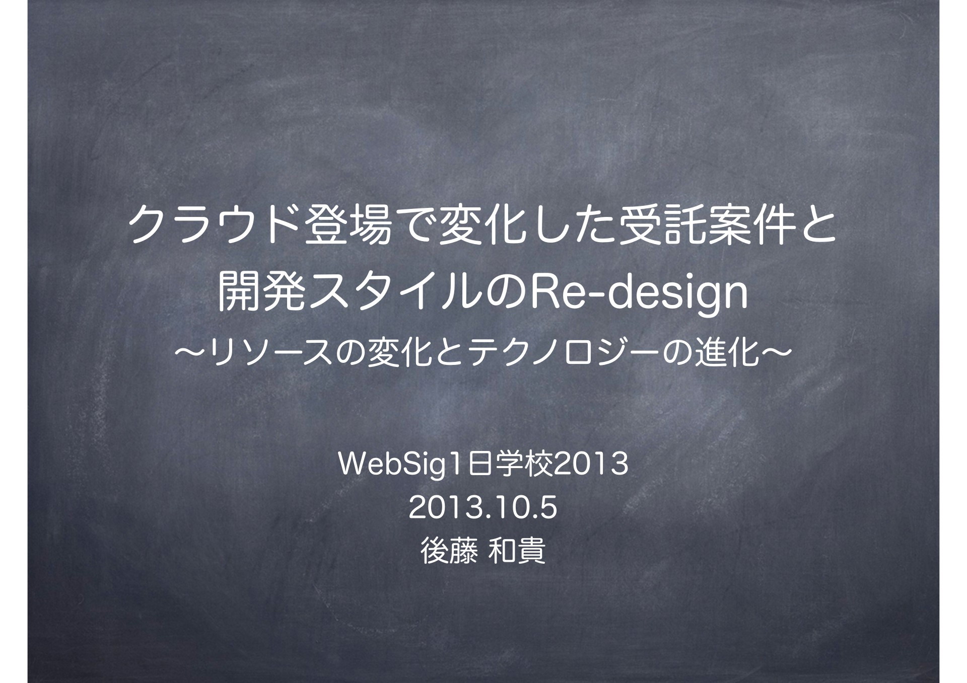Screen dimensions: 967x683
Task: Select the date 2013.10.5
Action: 483,508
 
